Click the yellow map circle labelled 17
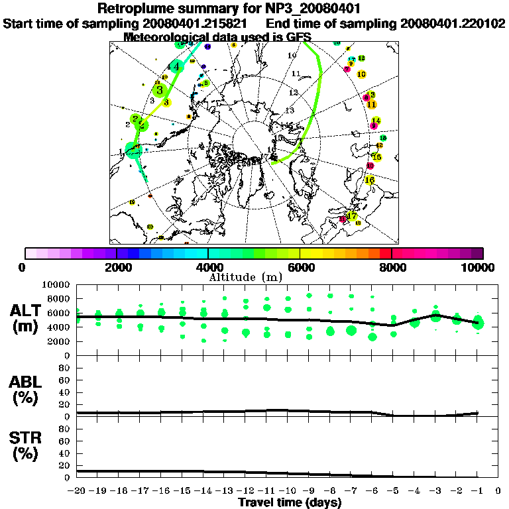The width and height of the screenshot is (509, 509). coord(352,216)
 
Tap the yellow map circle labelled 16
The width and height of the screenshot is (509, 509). coord(370,180)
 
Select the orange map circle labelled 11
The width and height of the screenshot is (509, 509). coord(372,104)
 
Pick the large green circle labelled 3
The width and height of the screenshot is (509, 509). coord(159,90)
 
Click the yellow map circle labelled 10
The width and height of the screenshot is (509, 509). coord(361,74)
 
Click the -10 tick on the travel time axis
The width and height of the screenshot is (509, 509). coord(288,491)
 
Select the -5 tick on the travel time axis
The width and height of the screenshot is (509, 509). coord(393,491)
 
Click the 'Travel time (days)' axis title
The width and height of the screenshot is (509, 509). coord(289,502)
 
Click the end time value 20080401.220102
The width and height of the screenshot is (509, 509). coord(453,23)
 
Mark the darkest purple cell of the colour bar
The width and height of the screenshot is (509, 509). coord(477,253)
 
